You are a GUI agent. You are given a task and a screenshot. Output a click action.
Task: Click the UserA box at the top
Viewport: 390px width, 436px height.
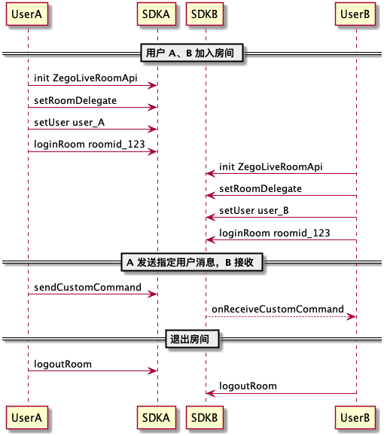tap(27, 14)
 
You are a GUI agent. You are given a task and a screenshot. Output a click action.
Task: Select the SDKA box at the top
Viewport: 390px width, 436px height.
tap(156, 14)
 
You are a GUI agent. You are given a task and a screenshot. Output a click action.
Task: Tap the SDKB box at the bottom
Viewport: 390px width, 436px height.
tap(205, 417)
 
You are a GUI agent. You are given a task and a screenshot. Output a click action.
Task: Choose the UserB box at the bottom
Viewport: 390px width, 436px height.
tap(355, 417)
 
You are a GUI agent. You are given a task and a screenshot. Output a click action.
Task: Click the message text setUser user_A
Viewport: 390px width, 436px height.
tap(69, 122)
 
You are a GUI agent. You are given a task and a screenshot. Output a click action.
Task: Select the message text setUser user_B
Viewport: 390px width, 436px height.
tap(254, 211)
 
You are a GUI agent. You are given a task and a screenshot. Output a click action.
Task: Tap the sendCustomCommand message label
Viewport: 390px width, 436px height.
tap(87, 287)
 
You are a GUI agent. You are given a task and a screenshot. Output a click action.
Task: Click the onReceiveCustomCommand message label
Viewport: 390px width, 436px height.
tap(278, 309)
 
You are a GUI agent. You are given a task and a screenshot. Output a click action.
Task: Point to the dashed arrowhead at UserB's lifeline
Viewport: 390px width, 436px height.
tap(352, 316)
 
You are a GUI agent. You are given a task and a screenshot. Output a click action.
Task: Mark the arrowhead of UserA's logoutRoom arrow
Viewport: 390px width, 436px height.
tap(153, 370)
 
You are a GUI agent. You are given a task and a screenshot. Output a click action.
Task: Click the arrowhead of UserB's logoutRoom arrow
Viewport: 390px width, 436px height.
tap(210, 393)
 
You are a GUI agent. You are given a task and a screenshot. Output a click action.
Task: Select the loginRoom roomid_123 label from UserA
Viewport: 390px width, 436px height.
tap(90, 144)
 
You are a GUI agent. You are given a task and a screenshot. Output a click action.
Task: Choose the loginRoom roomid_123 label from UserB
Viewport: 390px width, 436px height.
tap(275, 233)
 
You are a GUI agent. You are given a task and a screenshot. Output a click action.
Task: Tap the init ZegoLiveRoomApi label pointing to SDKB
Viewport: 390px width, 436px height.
tap(271, 166)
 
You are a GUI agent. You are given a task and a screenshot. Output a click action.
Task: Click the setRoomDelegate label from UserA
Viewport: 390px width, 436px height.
tap(75, 100)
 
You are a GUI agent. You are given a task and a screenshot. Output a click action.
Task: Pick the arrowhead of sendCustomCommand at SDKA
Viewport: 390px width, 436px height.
tap(153, 294)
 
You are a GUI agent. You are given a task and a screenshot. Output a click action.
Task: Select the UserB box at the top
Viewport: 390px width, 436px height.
tap(355, 14)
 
